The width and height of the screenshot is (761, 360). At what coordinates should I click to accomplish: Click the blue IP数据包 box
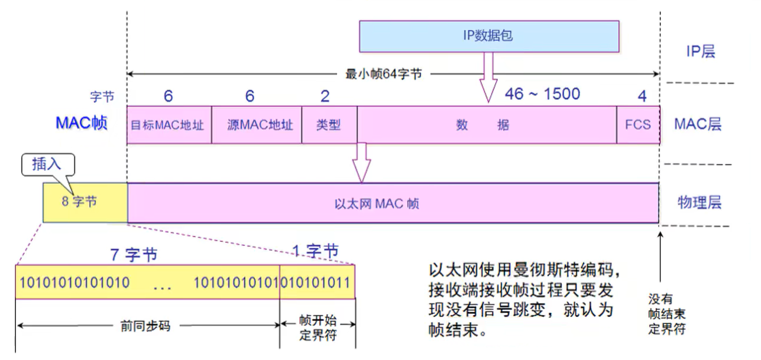click(x=489, y=36)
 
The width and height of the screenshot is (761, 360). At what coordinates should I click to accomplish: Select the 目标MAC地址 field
click(x=169, y=125)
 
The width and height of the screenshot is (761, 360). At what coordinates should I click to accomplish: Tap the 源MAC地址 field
click(x=257, y=125)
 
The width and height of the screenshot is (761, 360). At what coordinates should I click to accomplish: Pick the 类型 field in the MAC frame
click(x=329, y=125)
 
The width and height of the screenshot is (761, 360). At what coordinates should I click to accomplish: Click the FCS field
click(x=638, y=125)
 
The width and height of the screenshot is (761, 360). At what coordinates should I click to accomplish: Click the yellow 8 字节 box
click(x=85, y=202)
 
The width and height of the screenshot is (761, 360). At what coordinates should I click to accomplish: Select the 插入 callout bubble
click(x=47, y=164)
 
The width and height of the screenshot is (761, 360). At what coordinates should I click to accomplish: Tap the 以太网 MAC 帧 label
click(x=377, y=203)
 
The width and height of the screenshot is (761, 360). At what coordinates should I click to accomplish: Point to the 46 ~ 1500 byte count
click(x=542, y=94)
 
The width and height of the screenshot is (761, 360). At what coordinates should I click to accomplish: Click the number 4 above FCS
click(x=642, y=96)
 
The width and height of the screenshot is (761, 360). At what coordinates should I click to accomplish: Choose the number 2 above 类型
click(x=325, y=96)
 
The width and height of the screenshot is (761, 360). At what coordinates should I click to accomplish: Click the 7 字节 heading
click(x=135, y=255)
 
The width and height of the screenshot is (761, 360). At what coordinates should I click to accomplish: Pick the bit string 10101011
click(x=316, y=282)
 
